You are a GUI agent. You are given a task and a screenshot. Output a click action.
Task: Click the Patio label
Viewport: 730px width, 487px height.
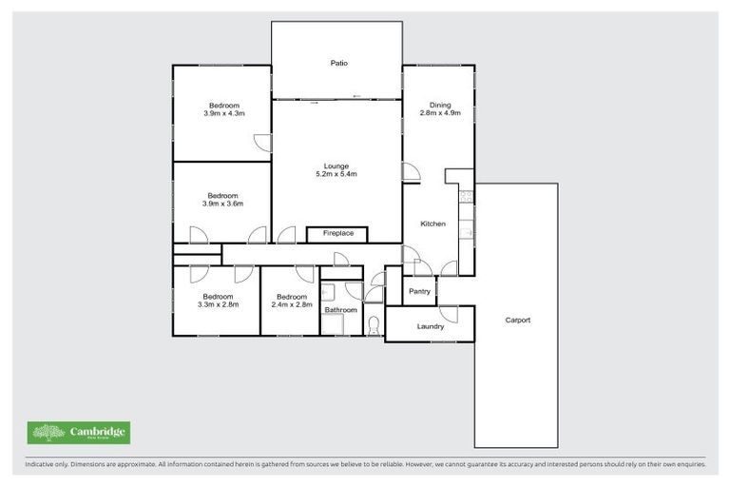pyautogui.click(x=338, y=64)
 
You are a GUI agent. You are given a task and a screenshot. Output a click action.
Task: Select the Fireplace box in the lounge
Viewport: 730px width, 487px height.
pyautogui.click(x=337, y=233)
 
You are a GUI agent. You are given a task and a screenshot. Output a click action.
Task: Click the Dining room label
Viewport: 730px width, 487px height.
pyautogui.click(x=439, y=105)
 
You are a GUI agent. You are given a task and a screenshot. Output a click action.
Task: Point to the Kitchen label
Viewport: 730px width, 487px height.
pyautogui.click(x=432, y=224)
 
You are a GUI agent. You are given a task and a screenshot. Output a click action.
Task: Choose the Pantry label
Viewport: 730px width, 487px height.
pyautogui.click(x=419, y=291)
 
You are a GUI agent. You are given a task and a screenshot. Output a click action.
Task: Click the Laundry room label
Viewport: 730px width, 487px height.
pyautogui.click(x=430, y=326)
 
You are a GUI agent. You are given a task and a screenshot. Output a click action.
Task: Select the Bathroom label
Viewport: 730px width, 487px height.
pyautogui.click(x=340, y=310)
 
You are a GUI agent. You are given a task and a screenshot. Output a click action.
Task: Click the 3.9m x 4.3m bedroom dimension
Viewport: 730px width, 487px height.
pyautogui.click(x=223, y=113)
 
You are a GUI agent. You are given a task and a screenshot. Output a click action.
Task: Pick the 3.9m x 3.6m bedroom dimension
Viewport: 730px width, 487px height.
pyautogui.click(x=223, y=204)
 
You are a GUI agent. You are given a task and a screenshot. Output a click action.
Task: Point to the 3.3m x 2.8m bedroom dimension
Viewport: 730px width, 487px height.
pyautogui.click(x=218, y=304)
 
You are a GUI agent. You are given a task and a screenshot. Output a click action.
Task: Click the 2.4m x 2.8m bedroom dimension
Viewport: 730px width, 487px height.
pyautogui.click(x=289, y=304)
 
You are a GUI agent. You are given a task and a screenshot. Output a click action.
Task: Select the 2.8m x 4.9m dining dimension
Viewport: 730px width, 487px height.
pyautogui.click(x=439, y=113)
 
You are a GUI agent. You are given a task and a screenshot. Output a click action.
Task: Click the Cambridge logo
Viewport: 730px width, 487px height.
pyautogui.click(x=79, y=433)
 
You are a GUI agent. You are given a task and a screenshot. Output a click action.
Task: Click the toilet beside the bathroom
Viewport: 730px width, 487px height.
pyautogui.click(x=373, y=325)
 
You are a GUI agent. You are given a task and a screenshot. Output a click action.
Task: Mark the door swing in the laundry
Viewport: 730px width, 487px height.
pyautogui.click(x=449, y=313)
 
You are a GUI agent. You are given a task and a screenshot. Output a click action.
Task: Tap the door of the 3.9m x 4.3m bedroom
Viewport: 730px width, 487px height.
pyautogui.click(x=262, y=143)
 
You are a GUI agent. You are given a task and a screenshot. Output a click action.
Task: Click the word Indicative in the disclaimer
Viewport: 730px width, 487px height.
pyautogui.click(x=41, y=465)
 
